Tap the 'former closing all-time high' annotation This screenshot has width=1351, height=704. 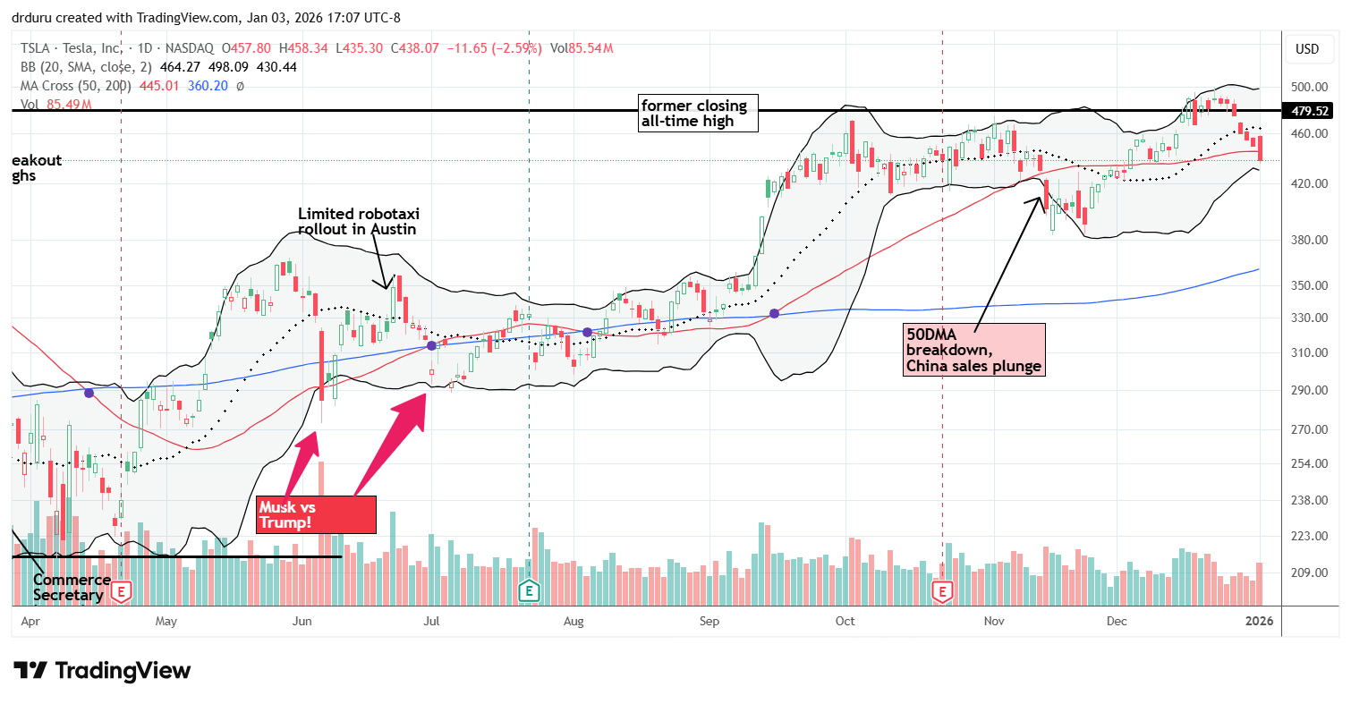[x=699, y=114]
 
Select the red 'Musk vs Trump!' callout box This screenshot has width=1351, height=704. [x=315, y=514]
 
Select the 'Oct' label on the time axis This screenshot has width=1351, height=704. [x=845, y=620]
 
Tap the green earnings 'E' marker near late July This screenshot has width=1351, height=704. [x=530, y=590]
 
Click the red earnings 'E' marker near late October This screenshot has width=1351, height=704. [x=942, y=590]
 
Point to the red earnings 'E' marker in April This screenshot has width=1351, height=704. [x=122, y=590]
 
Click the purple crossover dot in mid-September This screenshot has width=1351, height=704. [x=774, y=313]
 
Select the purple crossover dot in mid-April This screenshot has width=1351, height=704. [x=89, y=392]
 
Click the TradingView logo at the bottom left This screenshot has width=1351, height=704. [x=102, y=671]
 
